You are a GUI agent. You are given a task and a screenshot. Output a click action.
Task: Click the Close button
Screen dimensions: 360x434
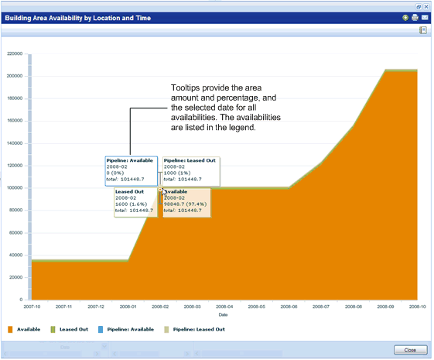pos(409,350)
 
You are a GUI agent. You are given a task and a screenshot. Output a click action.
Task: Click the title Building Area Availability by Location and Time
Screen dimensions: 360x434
pos(79,17)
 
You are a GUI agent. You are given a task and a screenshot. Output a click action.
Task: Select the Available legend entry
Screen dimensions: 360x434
pos(28,329)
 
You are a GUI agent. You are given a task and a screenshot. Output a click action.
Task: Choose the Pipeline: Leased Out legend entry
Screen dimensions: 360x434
pos(199,329)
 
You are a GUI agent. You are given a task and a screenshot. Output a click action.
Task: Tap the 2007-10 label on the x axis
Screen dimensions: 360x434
pos(31,307)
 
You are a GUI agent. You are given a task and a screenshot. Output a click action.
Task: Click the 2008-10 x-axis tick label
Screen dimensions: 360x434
pos(417,307)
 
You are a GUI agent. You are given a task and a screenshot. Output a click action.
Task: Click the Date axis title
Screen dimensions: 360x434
pos(223,315)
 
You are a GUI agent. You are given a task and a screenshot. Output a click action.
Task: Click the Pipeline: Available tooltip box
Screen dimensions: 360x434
pos(132,171)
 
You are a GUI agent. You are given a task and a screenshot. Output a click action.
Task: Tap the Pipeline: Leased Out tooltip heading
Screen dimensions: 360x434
pos(190,161)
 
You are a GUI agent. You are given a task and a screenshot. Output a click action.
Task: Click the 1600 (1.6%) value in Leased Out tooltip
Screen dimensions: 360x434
pos(131,203)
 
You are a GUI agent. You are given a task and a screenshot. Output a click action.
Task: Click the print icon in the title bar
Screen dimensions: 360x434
pos(415,17)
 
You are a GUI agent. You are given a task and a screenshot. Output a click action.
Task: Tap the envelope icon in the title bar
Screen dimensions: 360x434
pos(425,17)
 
